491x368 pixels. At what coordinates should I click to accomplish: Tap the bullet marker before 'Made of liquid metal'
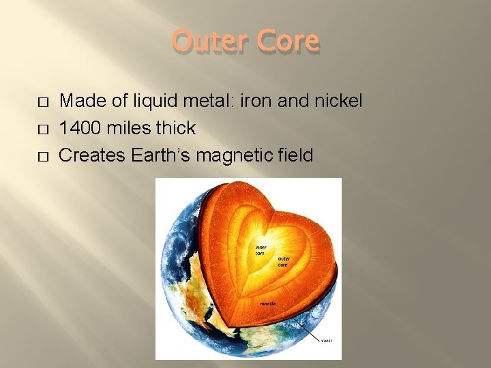tap(43, 102)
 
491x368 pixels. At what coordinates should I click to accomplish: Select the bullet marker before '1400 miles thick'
tap(43, 129)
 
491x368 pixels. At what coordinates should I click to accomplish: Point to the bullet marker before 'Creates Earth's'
tap(43, 156)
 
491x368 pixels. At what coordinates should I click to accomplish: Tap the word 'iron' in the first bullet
tap(261, 102)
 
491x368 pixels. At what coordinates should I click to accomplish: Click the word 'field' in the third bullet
tap(295, 155)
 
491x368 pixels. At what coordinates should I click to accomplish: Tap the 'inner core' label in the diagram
tap(261, 249)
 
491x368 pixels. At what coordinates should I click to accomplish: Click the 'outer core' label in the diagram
tap(285, 262)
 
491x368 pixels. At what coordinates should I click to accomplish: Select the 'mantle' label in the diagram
tap(267, 303)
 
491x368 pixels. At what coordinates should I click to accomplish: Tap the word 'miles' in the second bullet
tap(129, 128)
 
